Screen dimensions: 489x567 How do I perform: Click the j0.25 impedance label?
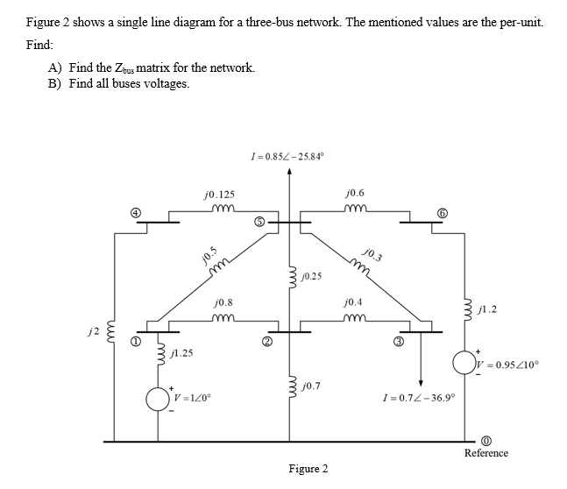[x=311, y=276]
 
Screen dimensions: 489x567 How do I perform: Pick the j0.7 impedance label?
[x=311, y=386]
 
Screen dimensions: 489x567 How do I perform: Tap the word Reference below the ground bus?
[x=485, y=453]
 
